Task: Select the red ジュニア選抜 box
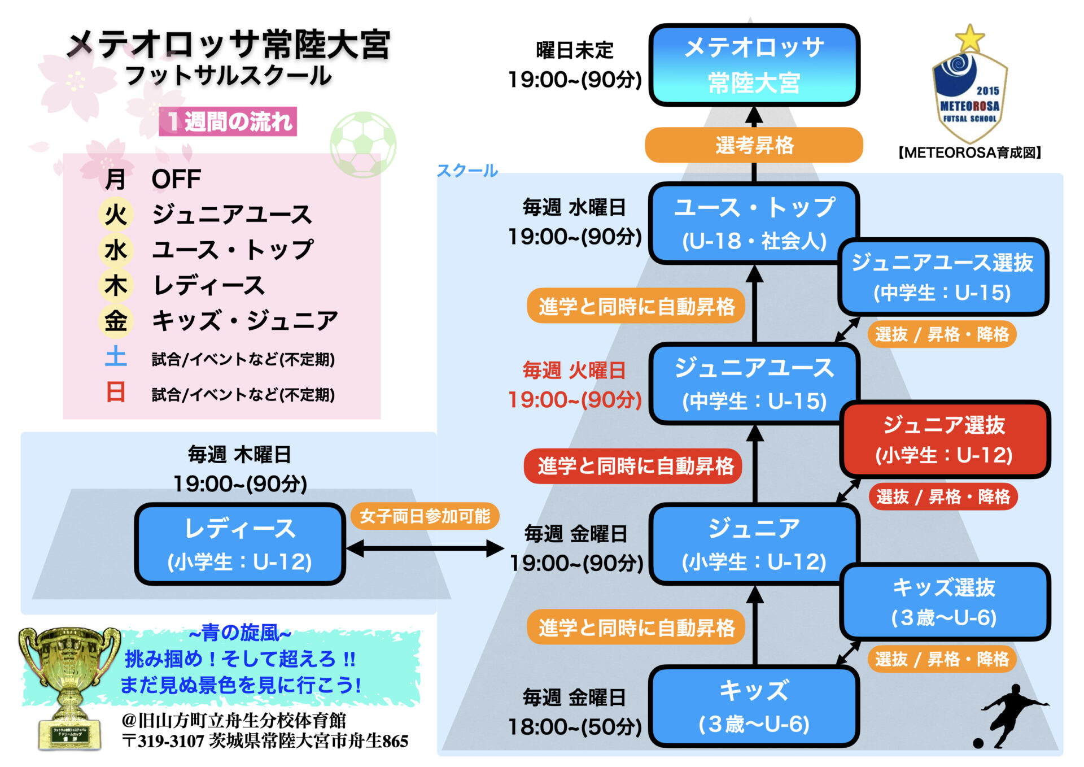[945, 439]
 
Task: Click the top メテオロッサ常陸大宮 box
[754, 65]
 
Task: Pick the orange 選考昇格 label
[754, 145]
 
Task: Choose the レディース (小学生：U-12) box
[240, 544]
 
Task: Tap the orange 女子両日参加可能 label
[425, 516]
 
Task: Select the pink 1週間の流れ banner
[228, 121]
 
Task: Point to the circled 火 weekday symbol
[116, 215]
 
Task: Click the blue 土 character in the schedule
[116, 357]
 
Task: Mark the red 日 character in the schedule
[116, 392]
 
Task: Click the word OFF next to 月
[176, 180]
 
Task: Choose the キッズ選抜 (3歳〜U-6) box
[945, 602]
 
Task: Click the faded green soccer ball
[363, 144]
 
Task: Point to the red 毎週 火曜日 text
[574, 371]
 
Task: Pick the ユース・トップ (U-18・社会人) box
[754, 223]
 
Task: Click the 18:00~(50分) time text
[575, 727]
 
